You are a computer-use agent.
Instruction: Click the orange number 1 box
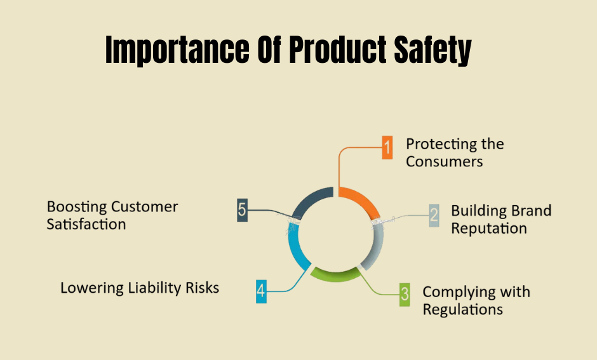point(387,148)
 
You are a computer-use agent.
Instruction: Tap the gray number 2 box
point(434,215)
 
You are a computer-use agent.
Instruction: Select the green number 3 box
point(405,294)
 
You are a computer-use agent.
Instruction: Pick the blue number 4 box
point(261,291)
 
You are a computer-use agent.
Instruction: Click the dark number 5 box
point(242,210)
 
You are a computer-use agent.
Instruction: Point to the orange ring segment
point(362,200)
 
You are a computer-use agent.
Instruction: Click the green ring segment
point(335,276)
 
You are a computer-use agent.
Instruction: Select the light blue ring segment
point(296,250)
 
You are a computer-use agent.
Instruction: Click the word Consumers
point(444,161)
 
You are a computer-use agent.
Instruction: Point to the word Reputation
point(489,228)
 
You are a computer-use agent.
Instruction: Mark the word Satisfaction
point(86,224)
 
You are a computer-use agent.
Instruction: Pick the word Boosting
point(77,207)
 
